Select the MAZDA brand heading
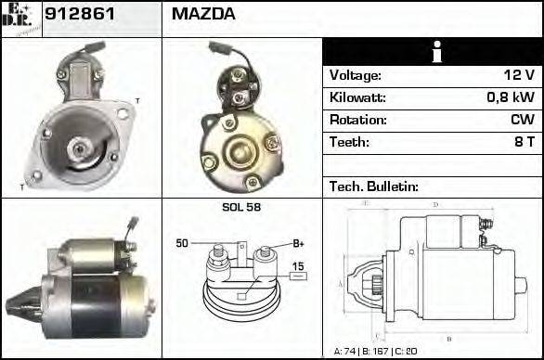pyautogui.click(x=203, y=15)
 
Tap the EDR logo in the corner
pyautogui.click(x=20, y=18)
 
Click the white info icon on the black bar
pyautogui.click(x=433, y=52)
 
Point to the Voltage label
pyautogui.click(x=355, y=76)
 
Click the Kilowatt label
pyautogui.click(x=357, y=98)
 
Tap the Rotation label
pyautogui.click(x=356, y=121)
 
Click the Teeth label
pyautogui.click(x=349, y=143)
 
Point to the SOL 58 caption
pyautogui.click(x=241, y=207)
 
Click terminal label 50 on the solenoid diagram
pyautogui.click(x=182, y=243)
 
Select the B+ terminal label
pyautogui.click(x=299, y=243)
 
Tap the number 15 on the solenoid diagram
pyautogui.click(x=298, y=267)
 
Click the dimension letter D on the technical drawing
pyautogui.click(x=435, y=205)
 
